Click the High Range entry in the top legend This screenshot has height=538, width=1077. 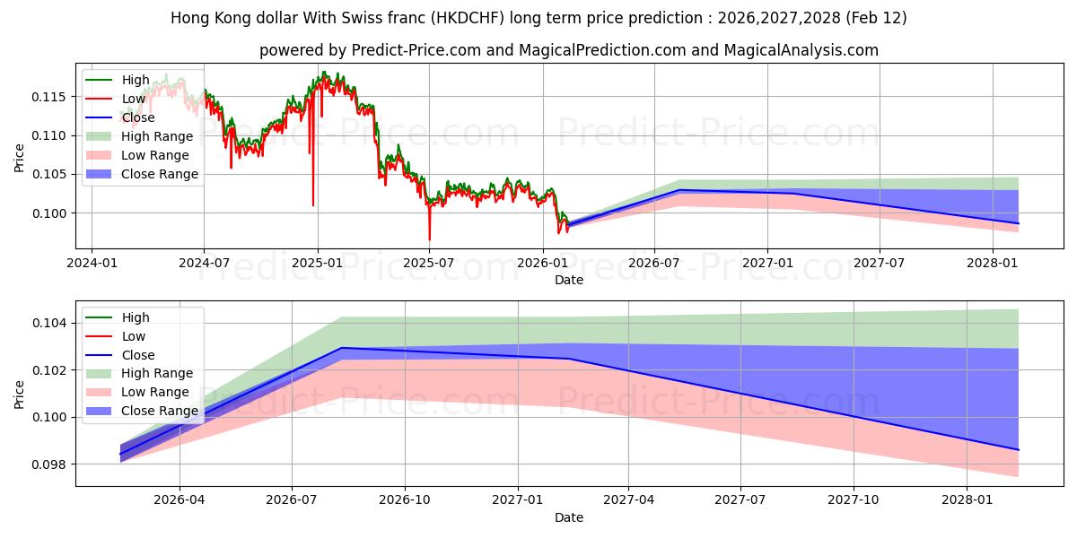[157, 137]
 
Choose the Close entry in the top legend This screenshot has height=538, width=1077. [138, 118]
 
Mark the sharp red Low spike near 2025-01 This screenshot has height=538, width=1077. [313, 204]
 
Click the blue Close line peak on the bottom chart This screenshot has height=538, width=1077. [341, 348]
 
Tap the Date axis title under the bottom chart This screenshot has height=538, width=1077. [569, 518]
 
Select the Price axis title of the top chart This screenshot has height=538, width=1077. [20, 158]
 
